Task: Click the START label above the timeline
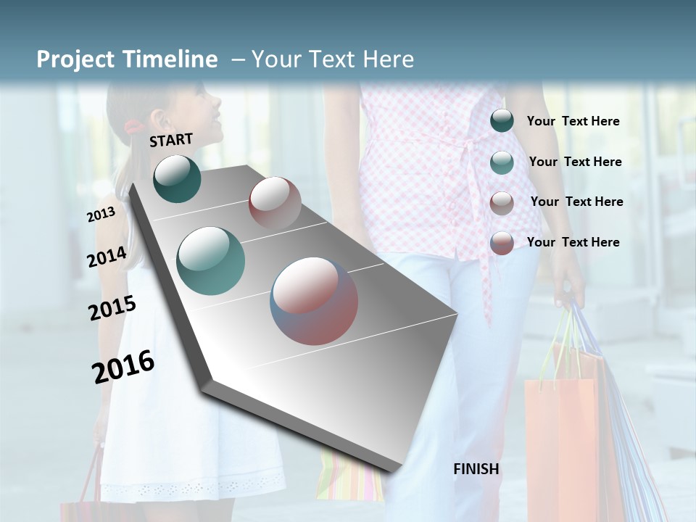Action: [171, 140]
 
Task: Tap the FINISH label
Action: [476, 469]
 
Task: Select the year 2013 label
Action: [101, 215]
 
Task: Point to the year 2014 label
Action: [107, 257]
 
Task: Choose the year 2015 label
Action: [112, 308]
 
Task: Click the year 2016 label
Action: [123, 366]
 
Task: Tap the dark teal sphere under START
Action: [177, 178]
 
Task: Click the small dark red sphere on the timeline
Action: [275, 204]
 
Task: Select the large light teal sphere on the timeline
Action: [211, 261]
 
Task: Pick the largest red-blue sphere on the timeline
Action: [314, 301]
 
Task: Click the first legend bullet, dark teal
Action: [502, 121]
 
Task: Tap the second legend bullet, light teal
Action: [502, 162]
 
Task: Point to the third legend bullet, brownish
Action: [502, 203]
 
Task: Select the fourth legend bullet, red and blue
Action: [502, 243]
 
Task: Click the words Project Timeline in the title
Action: [127, 59]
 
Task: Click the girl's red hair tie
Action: [132, 128]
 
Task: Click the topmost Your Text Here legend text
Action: [573, 121]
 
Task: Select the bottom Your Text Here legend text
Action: [573, 242]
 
